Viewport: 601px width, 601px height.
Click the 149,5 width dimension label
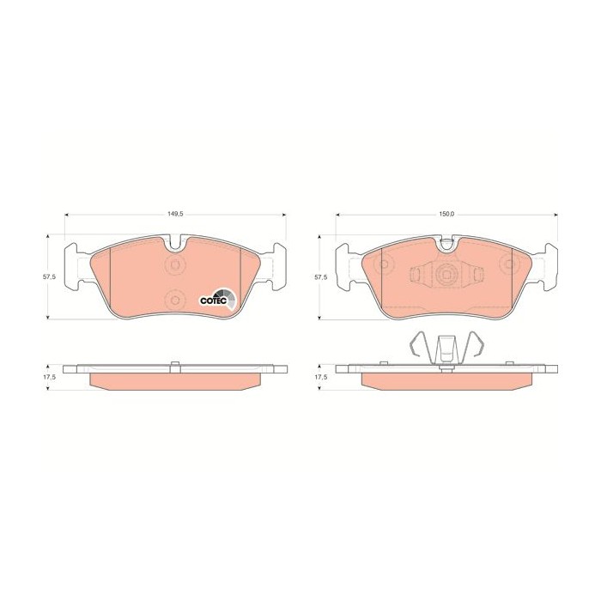(x=175, y=215)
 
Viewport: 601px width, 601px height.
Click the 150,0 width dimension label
(x=446, y=215)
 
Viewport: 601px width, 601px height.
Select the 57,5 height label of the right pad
(x=320, y=277)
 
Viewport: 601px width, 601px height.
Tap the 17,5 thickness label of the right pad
(x=320, y=377)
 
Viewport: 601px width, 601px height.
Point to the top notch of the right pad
(x=447, y=244)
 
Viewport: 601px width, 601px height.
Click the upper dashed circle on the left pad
(x=175, y=264)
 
